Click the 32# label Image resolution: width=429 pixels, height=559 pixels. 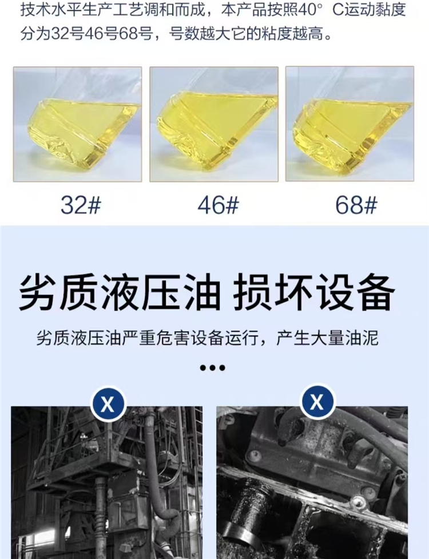[81, 205]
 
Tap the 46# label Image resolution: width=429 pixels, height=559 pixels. [218, 205]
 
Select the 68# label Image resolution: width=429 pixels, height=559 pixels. [356, 205]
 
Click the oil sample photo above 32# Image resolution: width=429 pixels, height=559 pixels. [78, 124]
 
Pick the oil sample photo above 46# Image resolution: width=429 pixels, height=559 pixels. [214, 124]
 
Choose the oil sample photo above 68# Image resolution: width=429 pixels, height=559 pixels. [350, 124]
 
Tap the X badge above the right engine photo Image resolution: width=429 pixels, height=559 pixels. [317, 402]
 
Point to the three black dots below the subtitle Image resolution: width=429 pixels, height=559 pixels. [213, 367]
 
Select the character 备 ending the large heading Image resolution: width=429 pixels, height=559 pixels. [375, 292]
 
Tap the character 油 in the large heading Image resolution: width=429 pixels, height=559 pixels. [201, 292]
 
